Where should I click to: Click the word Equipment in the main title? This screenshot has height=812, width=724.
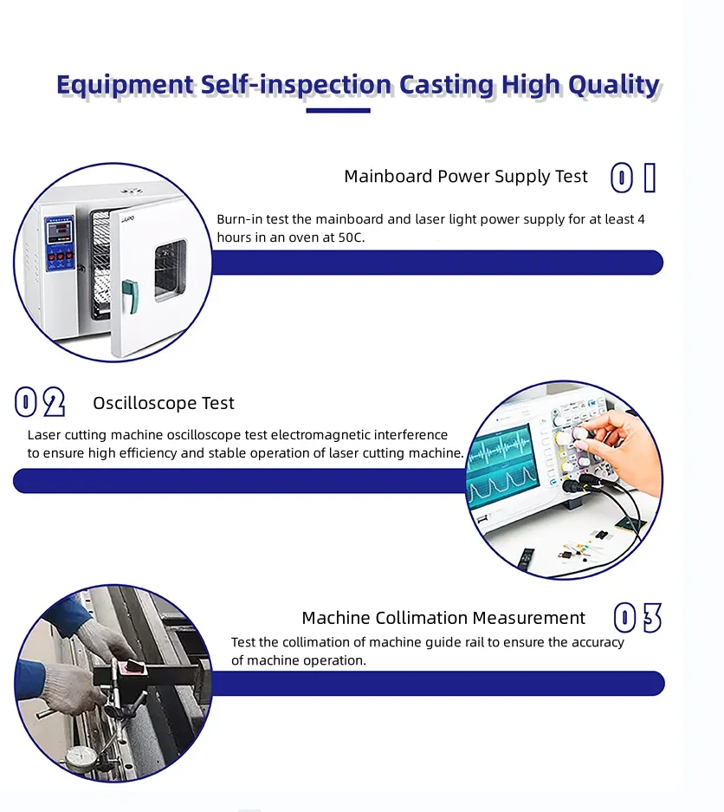[126, 85]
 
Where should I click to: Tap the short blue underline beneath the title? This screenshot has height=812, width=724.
[338, 111]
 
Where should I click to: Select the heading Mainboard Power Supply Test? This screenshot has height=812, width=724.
[466, 177]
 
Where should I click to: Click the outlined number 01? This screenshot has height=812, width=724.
[634, 178]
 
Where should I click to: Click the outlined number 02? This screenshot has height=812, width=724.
[40, 403]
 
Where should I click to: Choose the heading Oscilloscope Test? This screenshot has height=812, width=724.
[164, 404]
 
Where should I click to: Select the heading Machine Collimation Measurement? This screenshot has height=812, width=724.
[443, 618]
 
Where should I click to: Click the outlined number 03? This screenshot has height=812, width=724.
[637, 619]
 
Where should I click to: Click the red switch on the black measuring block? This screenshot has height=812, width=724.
[135, 666]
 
